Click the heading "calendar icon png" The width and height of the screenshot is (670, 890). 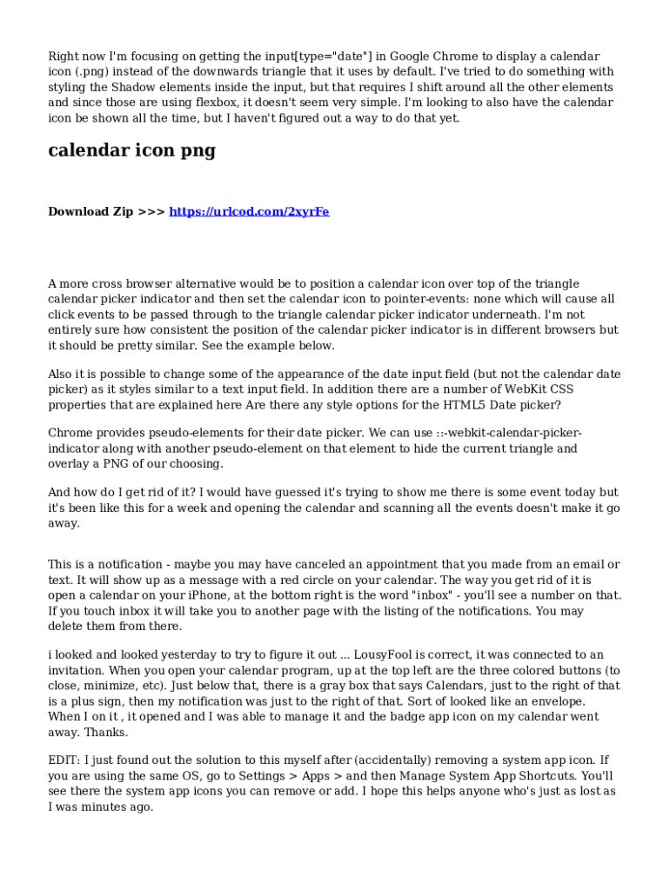(131, 151)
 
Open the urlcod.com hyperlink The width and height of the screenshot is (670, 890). (249, 212)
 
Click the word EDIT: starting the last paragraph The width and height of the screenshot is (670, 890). (64, 760)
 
